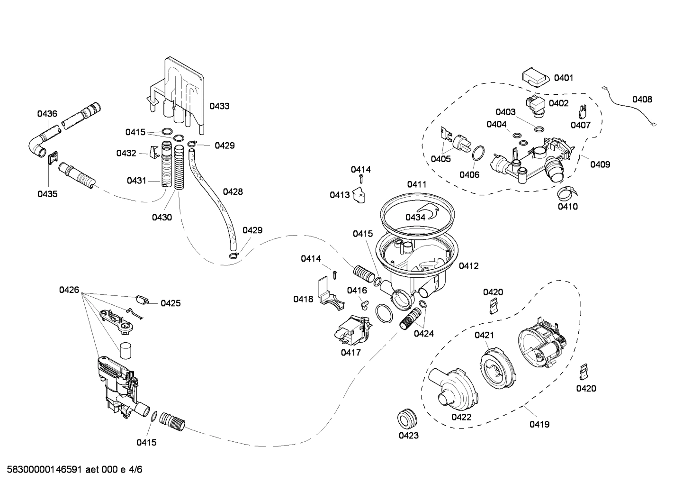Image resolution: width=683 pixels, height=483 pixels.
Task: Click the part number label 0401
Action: tap(564, 77)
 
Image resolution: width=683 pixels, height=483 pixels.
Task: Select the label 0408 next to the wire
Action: tap(642, 99)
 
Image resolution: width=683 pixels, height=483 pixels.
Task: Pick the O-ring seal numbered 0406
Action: tap(479, 154)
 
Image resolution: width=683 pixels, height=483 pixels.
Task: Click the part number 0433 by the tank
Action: tap(219, 106)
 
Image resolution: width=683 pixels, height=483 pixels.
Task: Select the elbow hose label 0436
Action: tap(47, 113)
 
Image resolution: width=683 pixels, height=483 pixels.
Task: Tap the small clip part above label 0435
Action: tap(53, 157)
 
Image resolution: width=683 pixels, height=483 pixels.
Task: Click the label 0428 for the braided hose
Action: tap(233, 191)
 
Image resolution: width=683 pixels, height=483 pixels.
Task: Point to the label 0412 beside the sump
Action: tap(468, 266)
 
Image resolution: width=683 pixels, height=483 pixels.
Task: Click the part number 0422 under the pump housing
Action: tap(461, 417)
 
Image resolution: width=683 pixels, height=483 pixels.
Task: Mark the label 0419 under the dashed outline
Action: tap(539, 424)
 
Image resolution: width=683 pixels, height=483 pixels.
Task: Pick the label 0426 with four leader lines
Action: tap(69, 290)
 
